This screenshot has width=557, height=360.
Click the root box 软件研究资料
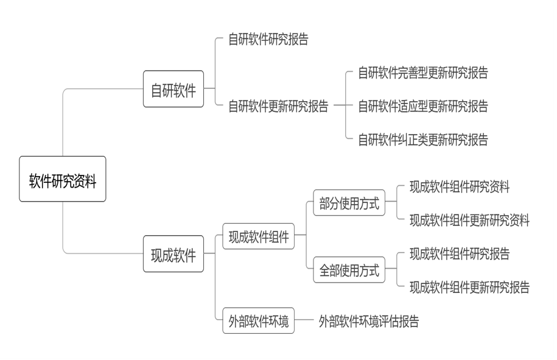tap(63, 179)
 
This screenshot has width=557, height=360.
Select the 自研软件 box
tap(173, 89)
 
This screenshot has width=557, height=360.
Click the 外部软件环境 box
tap(258, 320)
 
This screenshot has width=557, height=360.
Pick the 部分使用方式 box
tap(349, 204)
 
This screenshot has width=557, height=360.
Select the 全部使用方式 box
tap(349, 270)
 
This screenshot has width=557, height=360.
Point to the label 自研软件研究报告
tap(268, 40)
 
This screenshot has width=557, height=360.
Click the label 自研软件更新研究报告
tap(278, 107)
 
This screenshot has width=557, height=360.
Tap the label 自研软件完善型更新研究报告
tap(423, 74)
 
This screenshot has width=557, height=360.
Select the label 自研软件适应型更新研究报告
tap(423, 107)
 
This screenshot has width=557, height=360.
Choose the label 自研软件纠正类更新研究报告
tap(423, 139)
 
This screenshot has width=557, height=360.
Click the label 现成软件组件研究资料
tap(460, 187)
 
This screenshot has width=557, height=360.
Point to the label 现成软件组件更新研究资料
tap(469, 221)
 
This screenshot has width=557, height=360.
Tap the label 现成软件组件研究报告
tap(460, 253)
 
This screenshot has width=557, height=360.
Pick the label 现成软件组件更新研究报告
tap(469, 286)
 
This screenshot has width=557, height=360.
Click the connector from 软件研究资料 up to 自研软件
tap(63, 122)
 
